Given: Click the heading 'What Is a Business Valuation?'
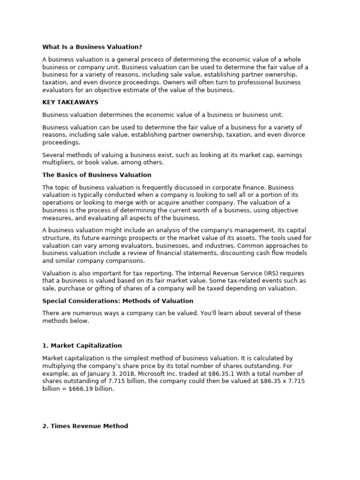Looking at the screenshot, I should tap(92, 47).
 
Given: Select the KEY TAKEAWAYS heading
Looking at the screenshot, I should tap(70, 102).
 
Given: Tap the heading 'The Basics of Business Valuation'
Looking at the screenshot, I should tap(97, 175).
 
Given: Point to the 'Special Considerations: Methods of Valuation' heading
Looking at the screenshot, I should tap(118, 301).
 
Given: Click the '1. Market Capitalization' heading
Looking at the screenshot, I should tap(82, 345).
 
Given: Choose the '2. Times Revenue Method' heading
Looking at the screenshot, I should tap(85, 426).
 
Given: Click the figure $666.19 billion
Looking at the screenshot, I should tap(95, 389).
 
